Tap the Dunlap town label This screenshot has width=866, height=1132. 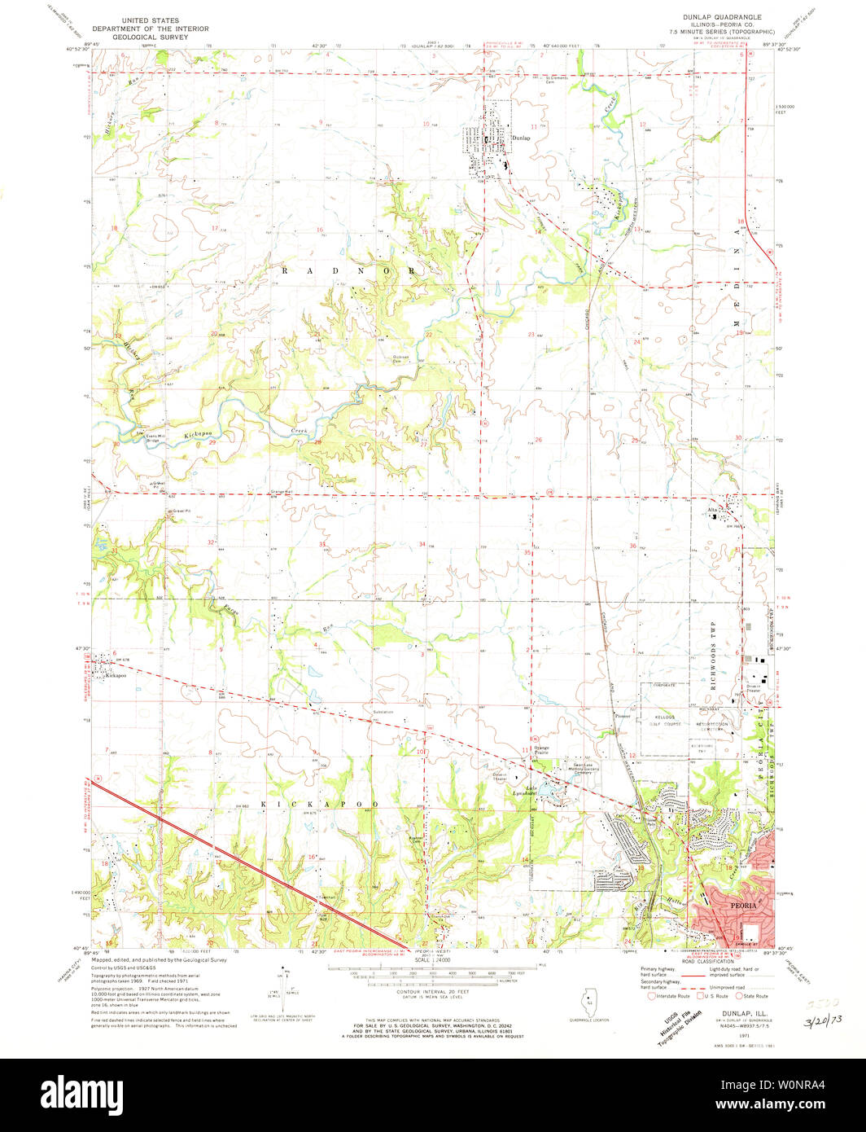tap(521, 138)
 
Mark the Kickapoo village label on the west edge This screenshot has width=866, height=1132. tap(116, 675)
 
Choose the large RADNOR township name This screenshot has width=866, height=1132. tap(352, 270)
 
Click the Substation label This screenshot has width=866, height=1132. tap(383, 712)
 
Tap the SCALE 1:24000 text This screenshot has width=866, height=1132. tap(435, 960)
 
